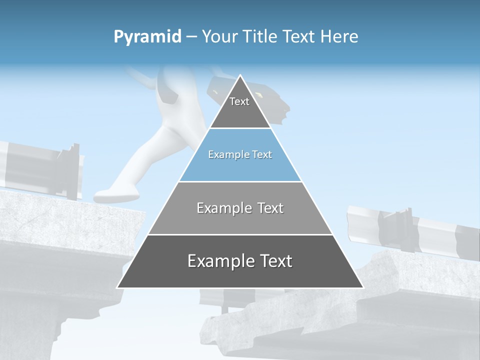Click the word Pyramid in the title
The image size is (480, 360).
(147, 37)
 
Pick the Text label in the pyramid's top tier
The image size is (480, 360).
(239, 101)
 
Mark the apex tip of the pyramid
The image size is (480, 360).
(240, 75)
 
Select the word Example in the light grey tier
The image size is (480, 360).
(223, 208)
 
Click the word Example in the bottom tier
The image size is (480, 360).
(218, 261)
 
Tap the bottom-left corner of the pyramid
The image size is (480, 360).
(117, 287)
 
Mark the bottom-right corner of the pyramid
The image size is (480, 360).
(363, 287)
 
